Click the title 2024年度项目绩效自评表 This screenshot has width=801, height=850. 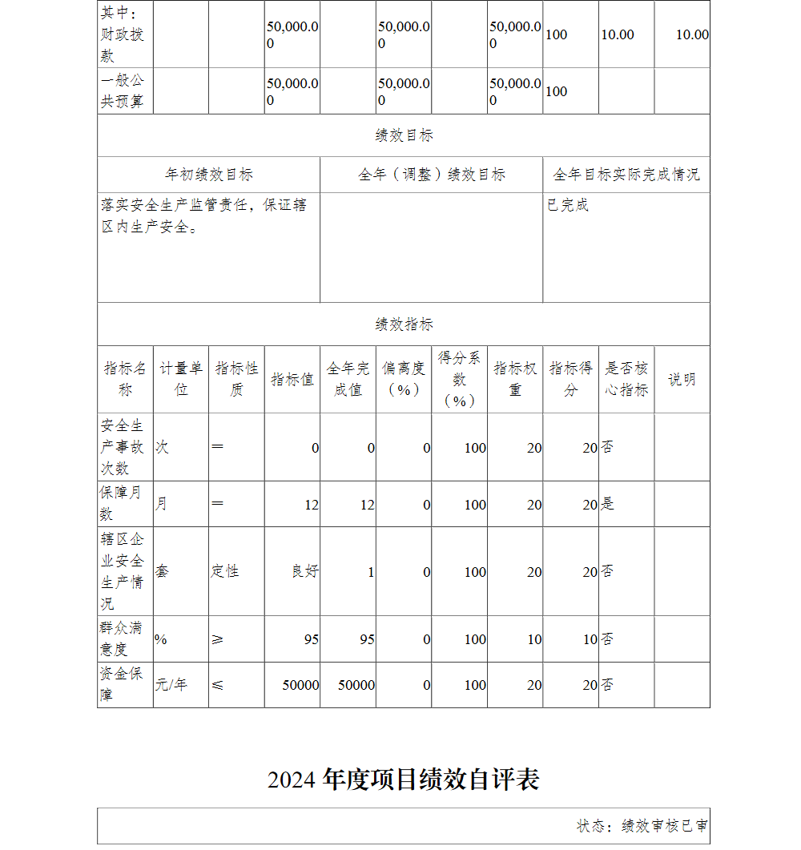(404, 780)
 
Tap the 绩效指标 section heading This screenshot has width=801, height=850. (404, 324)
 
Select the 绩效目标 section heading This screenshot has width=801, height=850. (404, 135)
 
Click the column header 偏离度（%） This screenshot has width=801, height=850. (404, 379)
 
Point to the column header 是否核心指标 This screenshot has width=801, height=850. (626, 379)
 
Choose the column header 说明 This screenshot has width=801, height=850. (682, 380)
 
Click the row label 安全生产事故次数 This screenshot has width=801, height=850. (123, 446)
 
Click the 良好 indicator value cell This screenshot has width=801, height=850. (305, 571)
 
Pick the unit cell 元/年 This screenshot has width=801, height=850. (171, 685)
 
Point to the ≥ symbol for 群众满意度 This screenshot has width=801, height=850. (218, 639)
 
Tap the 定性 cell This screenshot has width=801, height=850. (225, 571)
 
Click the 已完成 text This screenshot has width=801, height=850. (568, 205)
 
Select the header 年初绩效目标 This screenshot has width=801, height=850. (209, 175)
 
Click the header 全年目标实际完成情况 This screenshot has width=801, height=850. (626, 175)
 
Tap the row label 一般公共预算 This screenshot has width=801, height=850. (123, 91)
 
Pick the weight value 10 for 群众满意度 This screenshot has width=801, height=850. (534, 639)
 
